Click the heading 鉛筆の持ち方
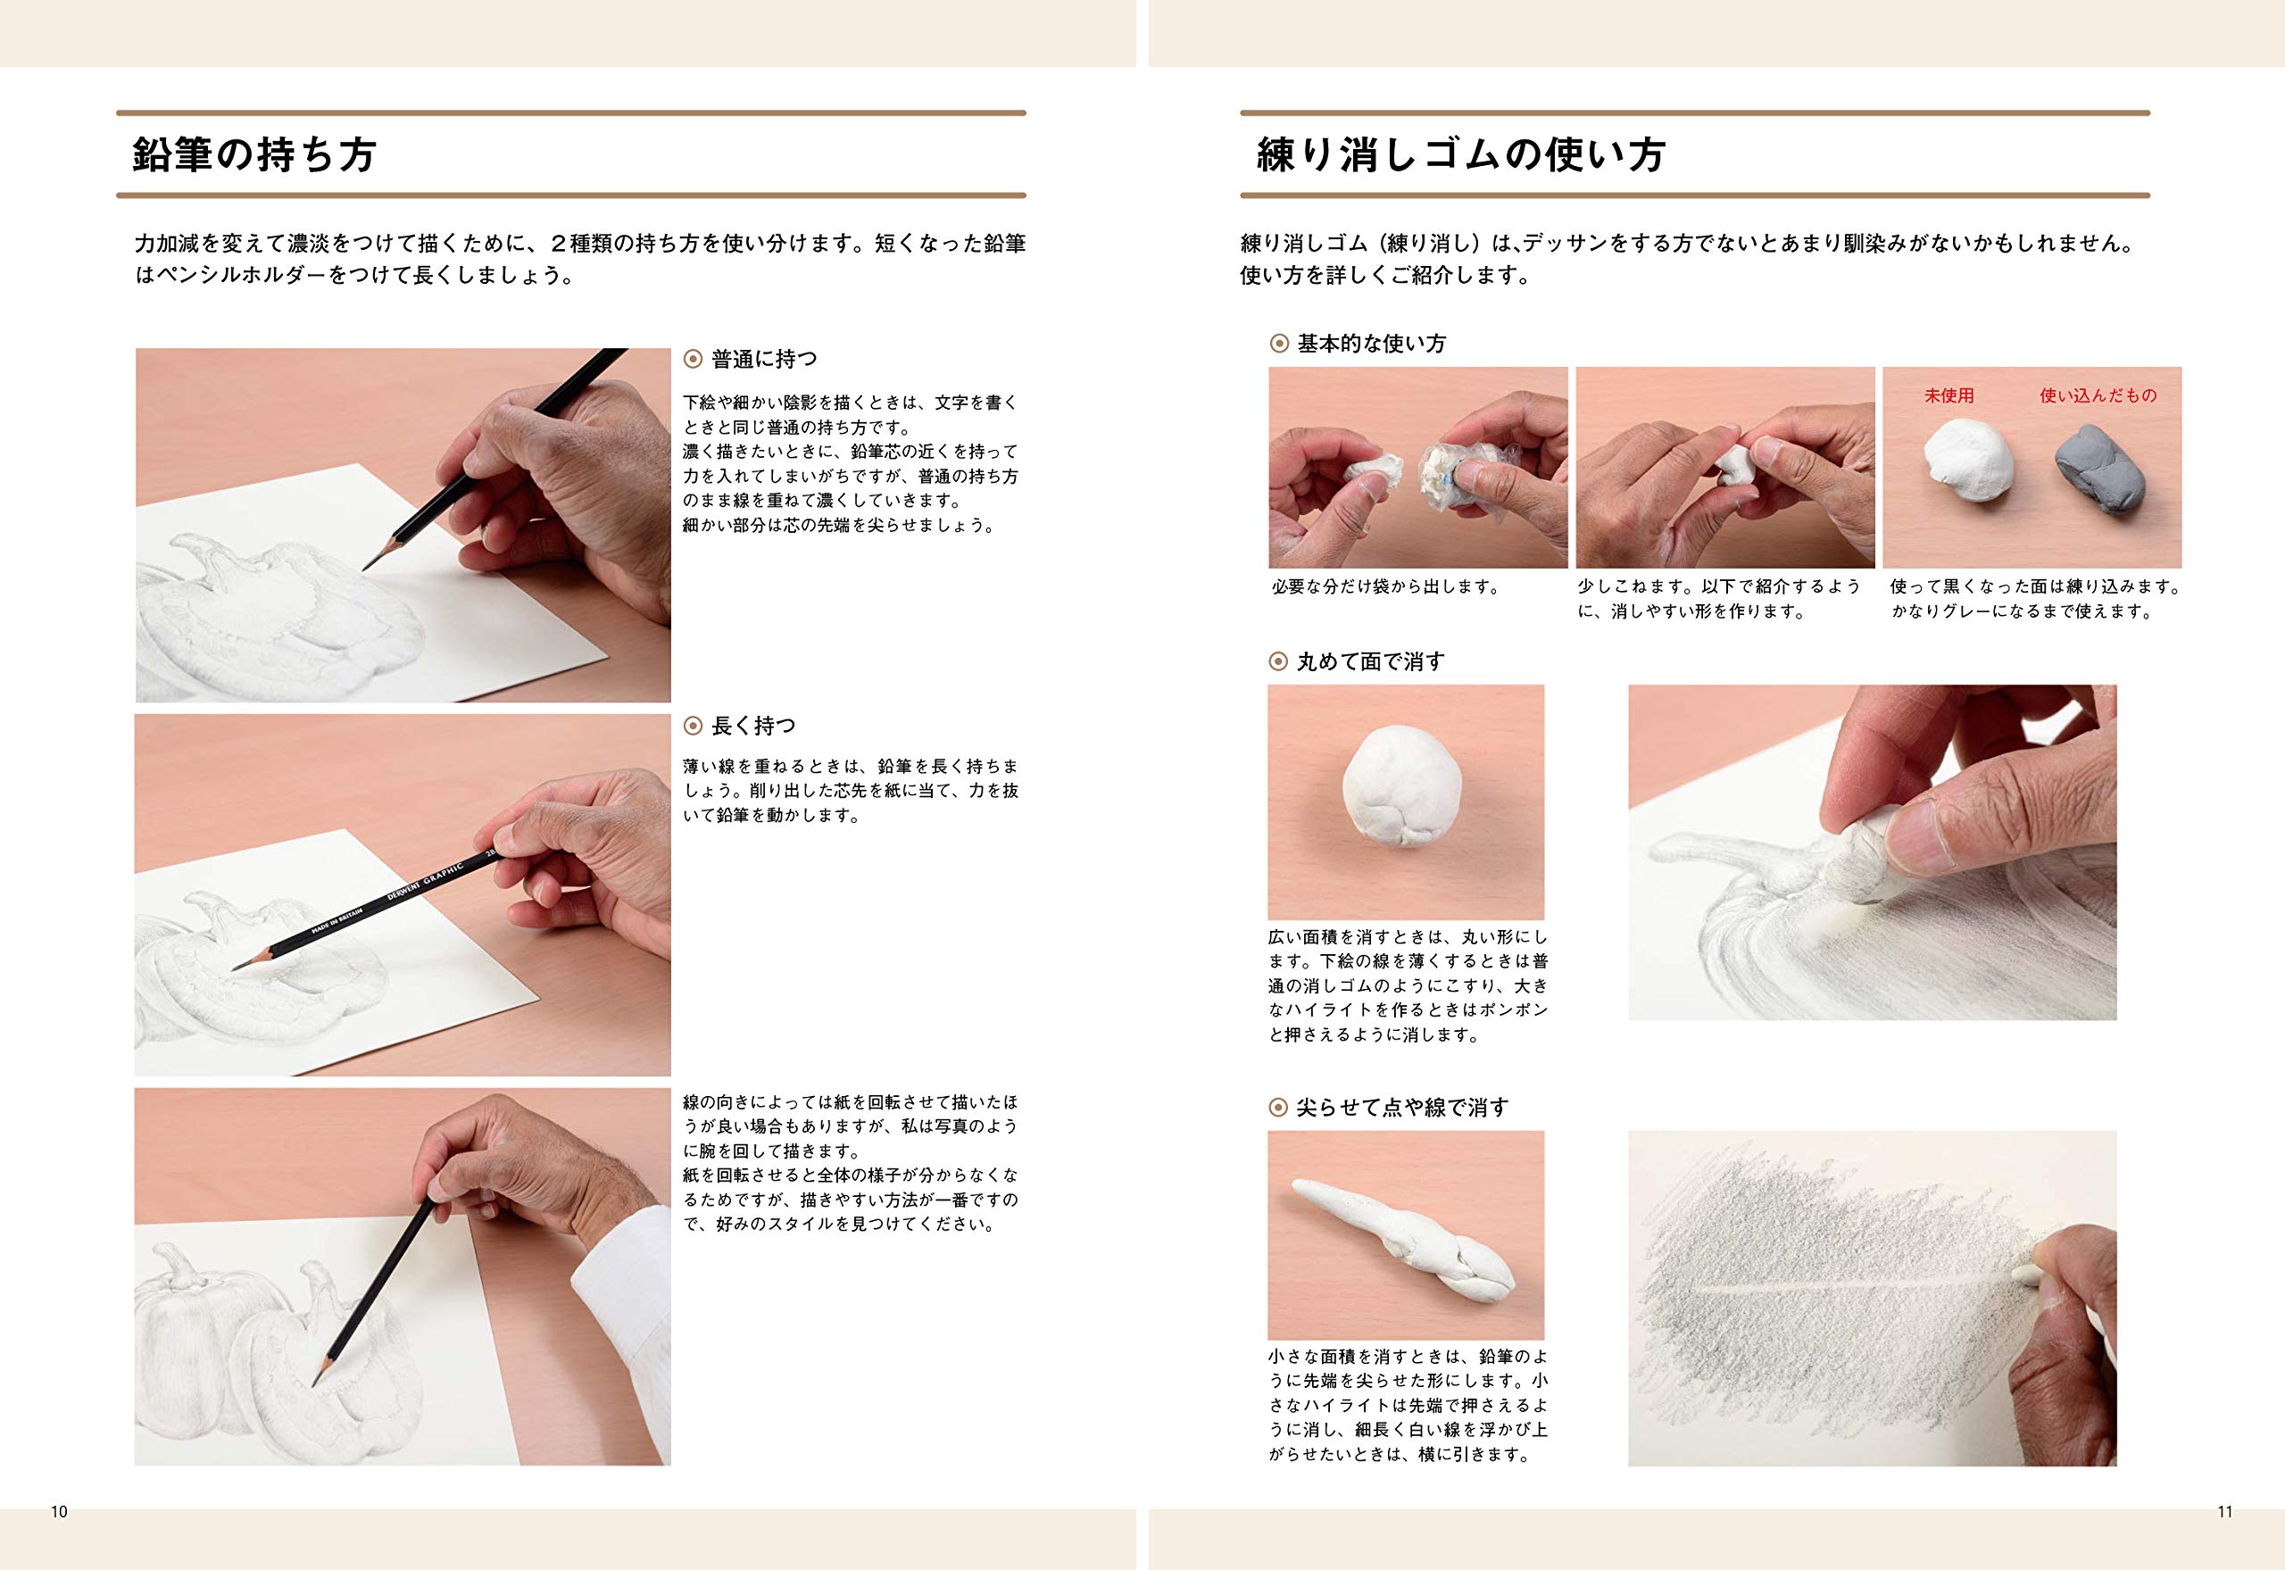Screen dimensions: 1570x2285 click(x=253, y=155)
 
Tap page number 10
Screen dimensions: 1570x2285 click(x=59, y=1512)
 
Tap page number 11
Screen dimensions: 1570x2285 click(x=2225, y=1512)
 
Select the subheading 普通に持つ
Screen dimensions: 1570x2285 click(x=763, y=360)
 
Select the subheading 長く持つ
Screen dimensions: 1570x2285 click(x=752, y=726)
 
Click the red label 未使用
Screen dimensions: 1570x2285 click(x=1948, y=395)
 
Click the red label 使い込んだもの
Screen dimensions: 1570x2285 click(x=2098, y=395)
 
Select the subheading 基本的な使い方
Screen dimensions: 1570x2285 click(x=1370, y=345)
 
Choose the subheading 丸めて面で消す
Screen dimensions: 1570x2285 click(x=1370, y=662)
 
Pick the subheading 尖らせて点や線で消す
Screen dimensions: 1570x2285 click(x=1400, y=1108)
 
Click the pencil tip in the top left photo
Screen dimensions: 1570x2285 click(x=367, y=566)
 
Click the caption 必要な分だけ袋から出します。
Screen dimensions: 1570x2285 click(x=1385, y=587)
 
